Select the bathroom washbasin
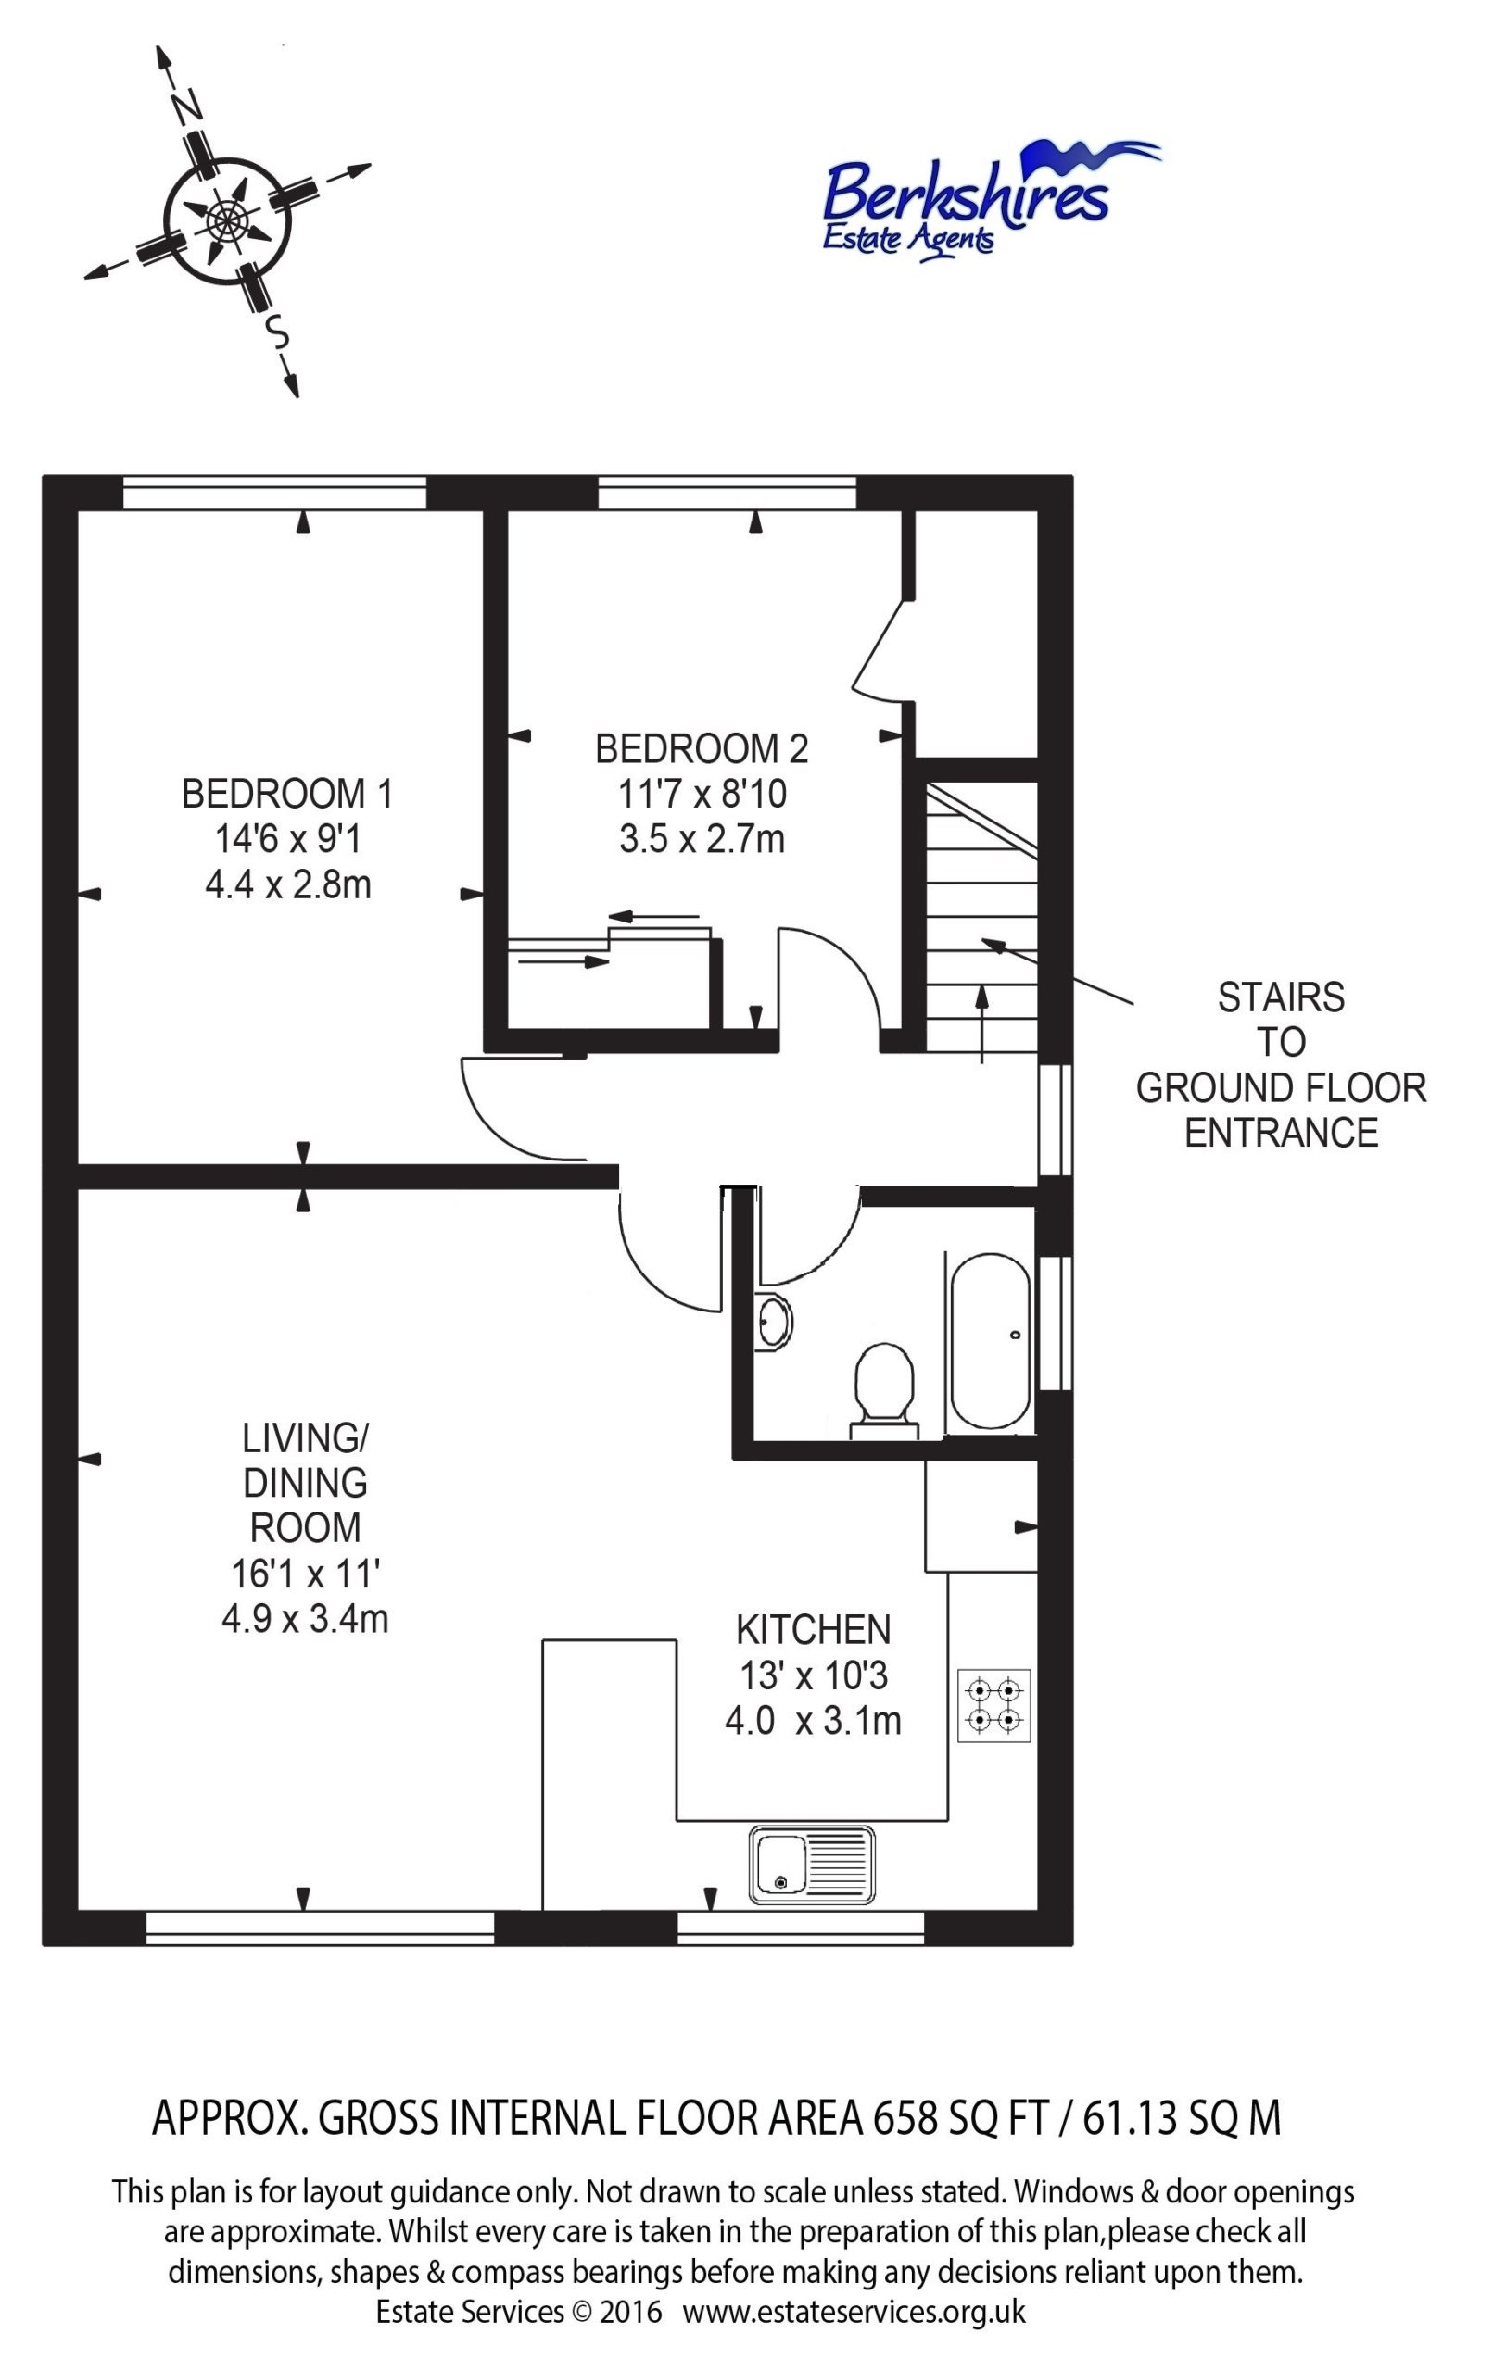click(x=774, y=1322)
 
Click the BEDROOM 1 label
click(x=287, y=794)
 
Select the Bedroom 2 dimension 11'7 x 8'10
click(x=702, y=794)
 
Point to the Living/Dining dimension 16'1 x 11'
click(x=305, y=1574)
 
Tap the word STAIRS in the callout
click(x=1281, y=997)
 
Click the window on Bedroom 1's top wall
click(x=275, y=493)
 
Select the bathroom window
click(x=1056, y=1323)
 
